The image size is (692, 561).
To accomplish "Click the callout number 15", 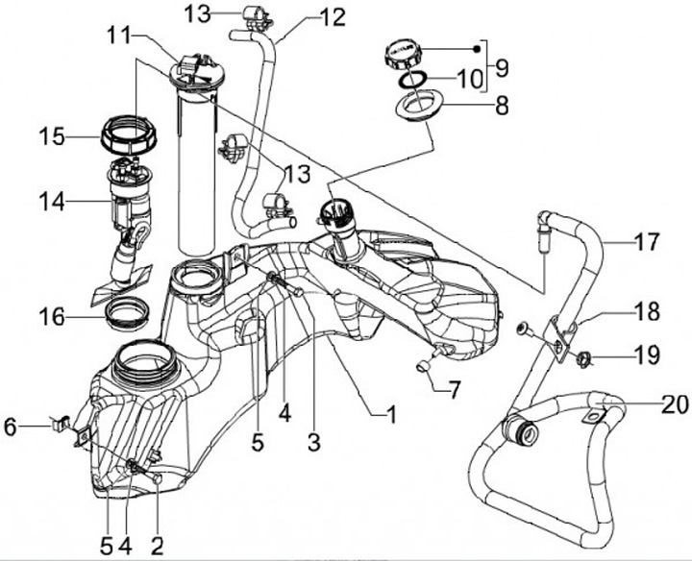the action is point(52,136).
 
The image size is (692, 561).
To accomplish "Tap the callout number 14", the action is point(52,202).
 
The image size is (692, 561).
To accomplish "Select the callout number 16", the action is point(52,317).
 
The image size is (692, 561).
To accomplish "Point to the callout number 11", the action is point(119,35).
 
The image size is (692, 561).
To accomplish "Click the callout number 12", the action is point(332,17).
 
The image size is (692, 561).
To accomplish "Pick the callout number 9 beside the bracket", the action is point(502,68).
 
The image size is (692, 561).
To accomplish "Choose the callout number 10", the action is point(470,80).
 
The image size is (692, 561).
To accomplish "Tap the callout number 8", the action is point(502,106).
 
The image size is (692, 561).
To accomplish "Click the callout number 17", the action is point(647,242).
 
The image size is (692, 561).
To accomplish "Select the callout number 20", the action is point(675,404).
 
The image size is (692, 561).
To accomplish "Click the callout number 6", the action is point(11,427).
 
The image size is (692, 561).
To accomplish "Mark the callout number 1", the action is point(391,414).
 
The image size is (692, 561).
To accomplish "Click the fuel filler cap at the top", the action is point(402,55).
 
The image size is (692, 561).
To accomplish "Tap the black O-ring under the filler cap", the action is point(413,80).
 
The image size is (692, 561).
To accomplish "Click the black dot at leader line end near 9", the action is point(477,49).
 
